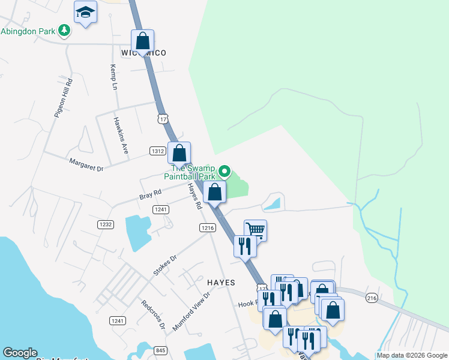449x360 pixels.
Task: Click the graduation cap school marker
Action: click(86, 13)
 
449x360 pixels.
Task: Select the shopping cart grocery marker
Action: click(255, 230)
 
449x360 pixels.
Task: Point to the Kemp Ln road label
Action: click(113, 77)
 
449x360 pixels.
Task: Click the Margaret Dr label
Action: click(86, 165)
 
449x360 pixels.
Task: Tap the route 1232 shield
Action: click(105, 224)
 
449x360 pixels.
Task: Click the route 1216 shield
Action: click(208, 227)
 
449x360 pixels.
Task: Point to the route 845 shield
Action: click(160, 350)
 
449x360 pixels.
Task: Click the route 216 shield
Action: click(372, 298)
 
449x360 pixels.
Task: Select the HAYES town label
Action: click(221, 282)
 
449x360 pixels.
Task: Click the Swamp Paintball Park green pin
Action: click(224, 172)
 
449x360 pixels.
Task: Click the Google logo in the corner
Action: click(20, 353)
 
